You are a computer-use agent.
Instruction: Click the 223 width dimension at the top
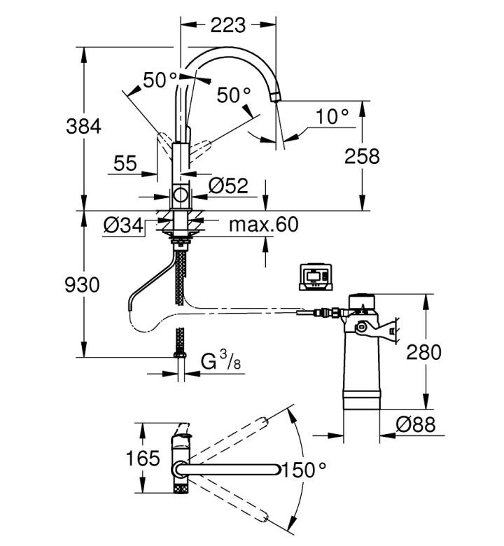(x=228, y=25)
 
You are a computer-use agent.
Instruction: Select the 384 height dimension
(x=83, y=126)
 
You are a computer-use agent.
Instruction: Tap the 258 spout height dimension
(x=362, y=156)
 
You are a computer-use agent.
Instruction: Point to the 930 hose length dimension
(x=82, y=284)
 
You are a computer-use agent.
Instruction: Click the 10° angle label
(x=332, y=116)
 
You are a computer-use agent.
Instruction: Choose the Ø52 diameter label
(x=228, y=185)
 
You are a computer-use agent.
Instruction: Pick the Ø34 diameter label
(x=123, y=225)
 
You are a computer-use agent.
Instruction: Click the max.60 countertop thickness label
(x=264, y=224)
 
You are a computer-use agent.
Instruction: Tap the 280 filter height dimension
(x=424, y=351)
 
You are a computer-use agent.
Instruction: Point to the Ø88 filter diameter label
(x=416, y=424)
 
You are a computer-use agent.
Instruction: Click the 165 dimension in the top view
(x=143, y=458)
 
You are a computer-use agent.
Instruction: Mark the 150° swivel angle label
(x=304, y=470)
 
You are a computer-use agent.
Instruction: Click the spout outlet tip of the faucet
(x=275, y=97)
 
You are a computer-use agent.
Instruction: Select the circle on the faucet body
(x=181, y=195)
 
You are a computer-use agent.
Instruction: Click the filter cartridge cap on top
(x=362, y=301)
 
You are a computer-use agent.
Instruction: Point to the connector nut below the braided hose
(x=180, y=355)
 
